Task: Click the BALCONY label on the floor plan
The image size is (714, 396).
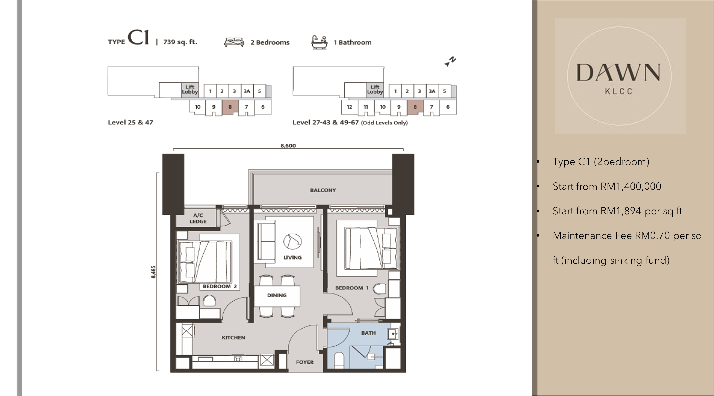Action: [x=323, y=190]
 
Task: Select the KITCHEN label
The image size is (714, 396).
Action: [x=233, y=337]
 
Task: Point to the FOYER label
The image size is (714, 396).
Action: [x=305, y=362]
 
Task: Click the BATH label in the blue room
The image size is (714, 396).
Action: [x=368, y=333]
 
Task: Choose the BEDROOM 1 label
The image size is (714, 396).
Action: [x=352, y=288]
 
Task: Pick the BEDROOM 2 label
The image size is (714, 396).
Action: [x=220, y=286]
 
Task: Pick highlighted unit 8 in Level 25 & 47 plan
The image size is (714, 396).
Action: [x=230, y=107]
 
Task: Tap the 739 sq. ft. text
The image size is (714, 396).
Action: [x=180, y=42]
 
